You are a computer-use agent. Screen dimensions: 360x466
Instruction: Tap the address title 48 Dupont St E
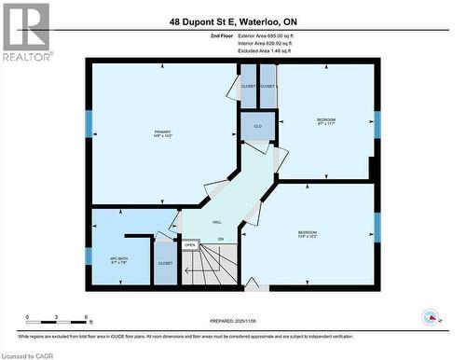pos(232,21)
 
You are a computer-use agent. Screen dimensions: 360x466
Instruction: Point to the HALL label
pos(216,223)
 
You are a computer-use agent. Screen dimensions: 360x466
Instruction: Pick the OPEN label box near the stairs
pos(189,245)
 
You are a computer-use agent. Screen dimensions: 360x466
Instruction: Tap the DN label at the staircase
pos(221,241)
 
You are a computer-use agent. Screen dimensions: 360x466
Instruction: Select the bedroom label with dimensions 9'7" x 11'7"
pos(325,122)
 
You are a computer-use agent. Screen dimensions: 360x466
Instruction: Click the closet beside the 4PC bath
pos(165,264)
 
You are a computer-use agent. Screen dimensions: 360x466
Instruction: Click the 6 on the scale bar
pos(87,318)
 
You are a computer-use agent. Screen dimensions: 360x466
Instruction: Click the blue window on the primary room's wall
pos(89,124)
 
